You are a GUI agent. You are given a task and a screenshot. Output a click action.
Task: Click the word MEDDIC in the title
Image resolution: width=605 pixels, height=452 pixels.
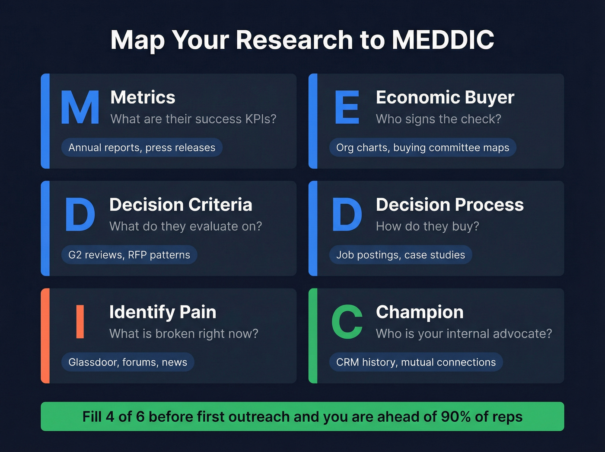tap(443, 40)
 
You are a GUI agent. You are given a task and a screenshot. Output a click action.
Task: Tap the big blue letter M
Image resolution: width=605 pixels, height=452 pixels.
tap(80, 107)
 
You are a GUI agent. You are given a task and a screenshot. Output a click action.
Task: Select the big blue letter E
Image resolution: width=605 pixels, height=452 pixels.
tap(347, 107)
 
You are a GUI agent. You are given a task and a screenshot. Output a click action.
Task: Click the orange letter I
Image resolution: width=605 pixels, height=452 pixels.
tap(80, 321)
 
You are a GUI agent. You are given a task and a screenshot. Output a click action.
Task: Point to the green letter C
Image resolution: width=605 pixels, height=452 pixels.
tap(347, 321)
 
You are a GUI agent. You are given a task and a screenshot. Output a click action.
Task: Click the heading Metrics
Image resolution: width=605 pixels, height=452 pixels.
tap(143, 97)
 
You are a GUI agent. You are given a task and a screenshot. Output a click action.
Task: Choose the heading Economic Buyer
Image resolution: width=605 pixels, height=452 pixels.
tap(445, 97)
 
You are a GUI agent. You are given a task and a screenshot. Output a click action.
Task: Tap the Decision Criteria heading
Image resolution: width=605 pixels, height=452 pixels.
tap(181, 205)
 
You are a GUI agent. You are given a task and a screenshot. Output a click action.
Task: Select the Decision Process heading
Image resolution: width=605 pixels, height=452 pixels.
tap(449, 205)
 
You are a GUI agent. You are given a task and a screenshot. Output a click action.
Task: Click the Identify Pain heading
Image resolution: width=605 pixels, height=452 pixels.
tap(162, 312)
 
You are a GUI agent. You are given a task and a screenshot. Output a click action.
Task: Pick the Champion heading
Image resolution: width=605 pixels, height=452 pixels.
tap(420, 312)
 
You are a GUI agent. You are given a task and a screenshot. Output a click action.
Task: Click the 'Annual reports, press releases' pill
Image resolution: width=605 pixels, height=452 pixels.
tap(142, 147)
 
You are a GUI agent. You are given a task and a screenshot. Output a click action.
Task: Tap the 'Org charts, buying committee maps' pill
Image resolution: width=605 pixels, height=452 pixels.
tap(423, 147)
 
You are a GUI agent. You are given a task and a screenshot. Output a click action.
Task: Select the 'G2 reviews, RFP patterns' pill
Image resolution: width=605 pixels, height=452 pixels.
tap(129, 255)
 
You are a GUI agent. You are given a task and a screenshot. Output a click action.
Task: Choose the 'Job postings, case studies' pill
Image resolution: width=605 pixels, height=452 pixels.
tap(401, 255)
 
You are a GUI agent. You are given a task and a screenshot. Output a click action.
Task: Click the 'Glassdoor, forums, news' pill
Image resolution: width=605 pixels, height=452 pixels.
tap(128, 362)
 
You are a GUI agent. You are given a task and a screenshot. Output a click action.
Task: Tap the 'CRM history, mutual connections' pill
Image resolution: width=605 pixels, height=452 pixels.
tap(416, 362)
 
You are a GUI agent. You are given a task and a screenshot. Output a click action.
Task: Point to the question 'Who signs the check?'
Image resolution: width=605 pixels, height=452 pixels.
tap(438, 119)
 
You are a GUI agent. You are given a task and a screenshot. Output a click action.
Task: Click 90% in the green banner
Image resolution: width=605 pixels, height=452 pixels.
tap(455, 417)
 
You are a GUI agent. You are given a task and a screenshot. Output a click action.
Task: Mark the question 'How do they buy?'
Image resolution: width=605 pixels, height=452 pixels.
tap(427, 226)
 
